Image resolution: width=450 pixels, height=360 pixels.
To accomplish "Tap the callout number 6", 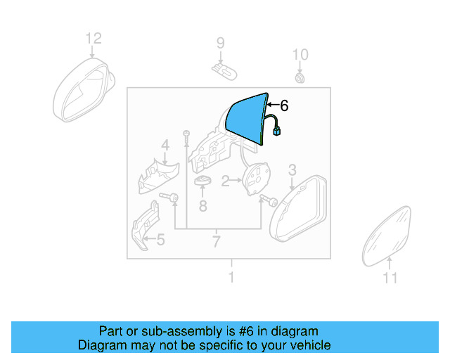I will point(284,106).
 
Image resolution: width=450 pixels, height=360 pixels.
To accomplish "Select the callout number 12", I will point(94,38).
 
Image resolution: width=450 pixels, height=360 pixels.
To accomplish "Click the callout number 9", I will point(220,44).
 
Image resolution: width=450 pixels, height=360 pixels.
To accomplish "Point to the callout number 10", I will point(300,54).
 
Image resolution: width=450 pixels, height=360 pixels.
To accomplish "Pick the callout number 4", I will point(165,146).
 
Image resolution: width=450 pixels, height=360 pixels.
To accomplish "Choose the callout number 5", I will point(160,240).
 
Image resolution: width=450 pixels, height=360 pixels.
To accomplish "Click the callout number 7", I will point(216,243).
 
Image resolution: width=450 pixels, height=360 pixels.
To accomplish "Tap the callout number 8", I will point(202,206).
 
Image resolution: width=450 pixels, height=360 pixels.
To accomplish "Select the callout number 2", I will point(226,182).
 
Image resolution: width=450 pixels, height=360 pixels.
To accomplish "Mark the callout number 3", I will point(292,169).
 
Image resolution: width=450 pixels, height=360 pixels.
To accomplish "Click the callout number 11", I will point(390,278).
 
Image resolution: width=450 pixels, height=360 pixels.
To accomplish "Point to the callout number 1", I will point(231,278).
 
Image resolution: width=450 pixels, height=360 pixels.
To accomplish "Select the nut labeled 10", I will point(300,76).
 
